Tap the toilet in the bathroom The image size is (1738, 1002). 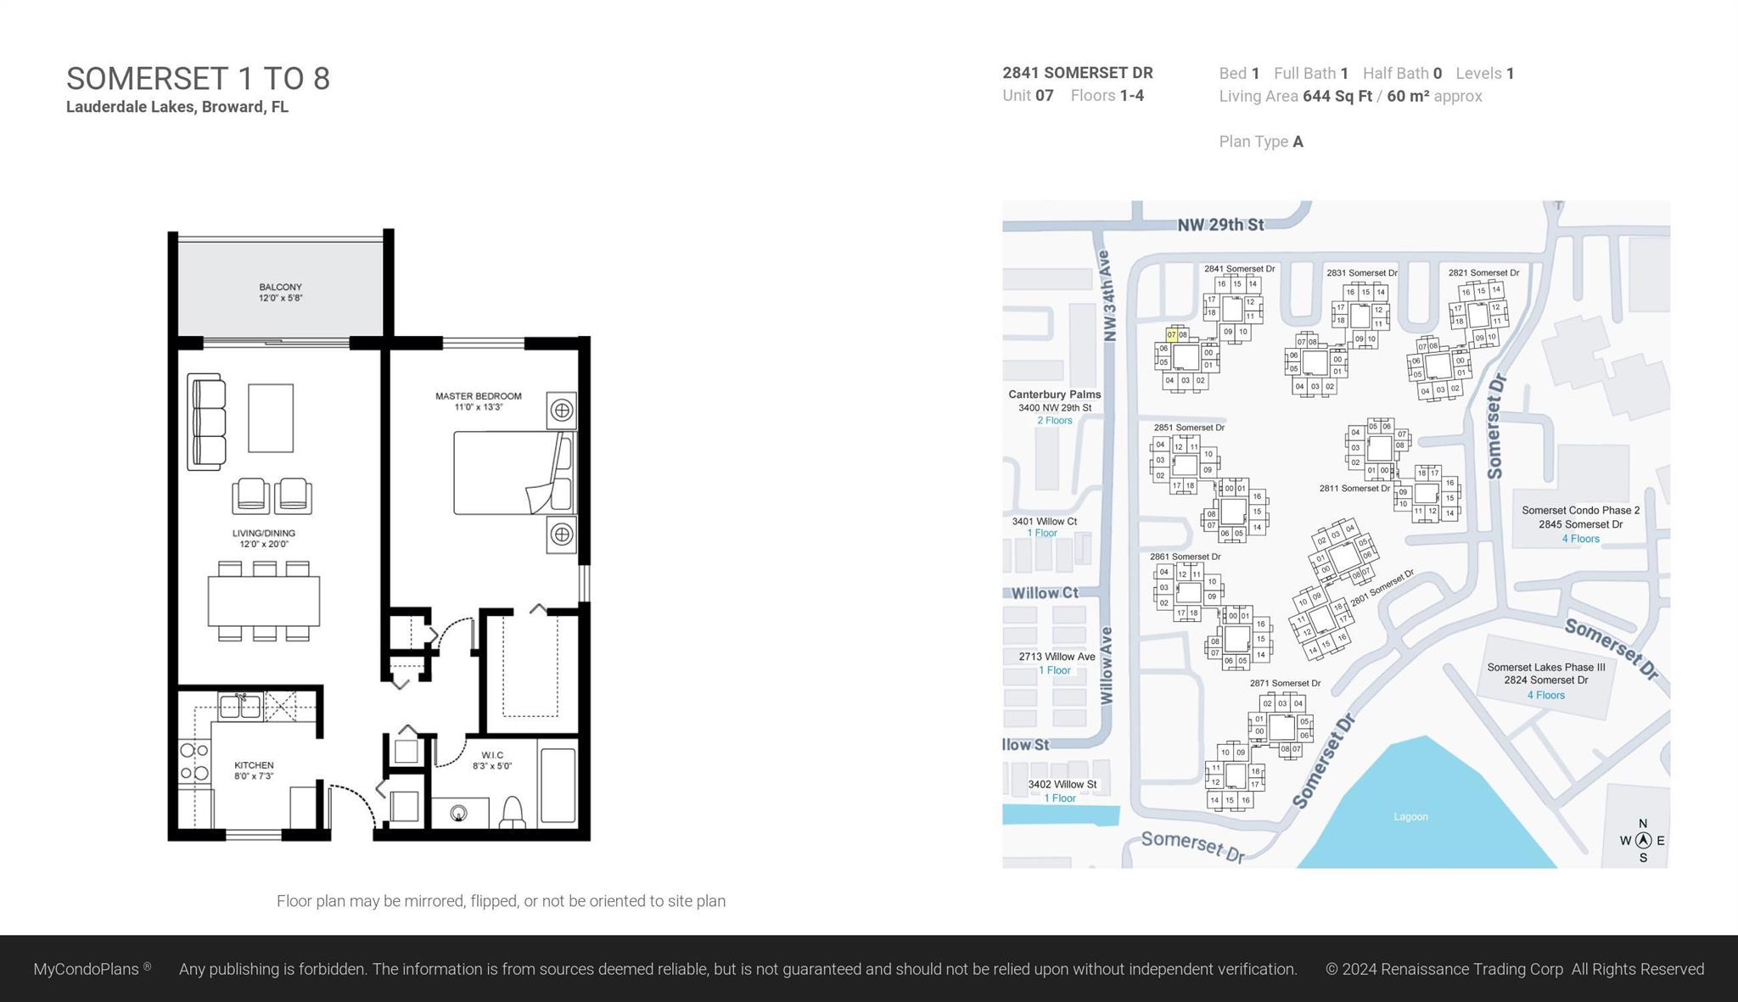pyautogui.click(x=513, y=812)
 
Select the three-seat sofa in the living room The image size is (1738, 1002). pyautogui.click(x=207, y=422)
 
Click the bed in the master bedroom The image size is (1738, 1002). pyautogui.click(x=512, y=473)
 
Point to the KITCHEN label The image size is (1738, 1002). pyautogui.click(x=254, y=765)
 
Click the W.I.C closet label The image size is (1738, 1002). pyautogui.click(x=492, y=755)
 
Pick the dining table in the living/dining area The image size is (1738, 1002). pyautogui.click(x=264, y=601)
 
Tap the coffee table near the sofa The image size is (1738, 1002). pyautogui.click(x=271, y=417)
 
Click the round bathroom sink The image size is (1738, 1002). pyautogui.click(x=459, y=814)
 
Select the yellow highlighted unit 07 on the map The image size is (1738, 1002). pyautogui.click(x=1171, y=335)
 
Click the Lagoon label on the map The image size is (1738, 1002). pyautogui.click(x=1410, y=817)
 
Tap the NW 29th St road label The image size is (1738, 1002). pyautogui.click(x=1220, y=225)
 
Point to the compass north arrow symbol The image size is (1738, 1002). pyautogui.click(x=1643, y=841)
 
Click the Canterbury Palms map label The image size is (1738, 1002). pyautogui.click(x=1054, y=395)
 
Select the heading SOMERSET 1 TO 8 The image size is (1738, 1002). pyautogui.click(x=198, y=79)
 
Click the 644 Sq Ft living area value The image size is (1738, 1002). pyautogui.click(x=1337, y=96)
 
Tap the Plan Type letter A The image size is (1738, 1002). pyautogui.click(x=1298, y=142)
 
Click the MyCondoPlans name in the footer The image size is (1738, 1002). pyautogui.click(x=86, y=969)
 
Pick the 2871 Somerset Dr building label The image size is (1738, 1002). pyautogui.click(x=1285, y=683)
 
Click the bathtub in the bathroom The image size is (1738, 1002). pyautogui.click(x=558, y=785)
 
